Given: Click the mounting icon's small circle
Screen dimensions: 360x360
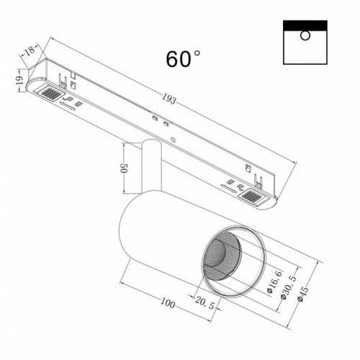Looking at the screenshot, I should pyautogui.click(x=305, y=35).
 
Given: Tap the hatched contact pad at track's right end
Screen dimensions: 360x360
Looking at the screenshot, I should pyautogui.click(x=253, y=196).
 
